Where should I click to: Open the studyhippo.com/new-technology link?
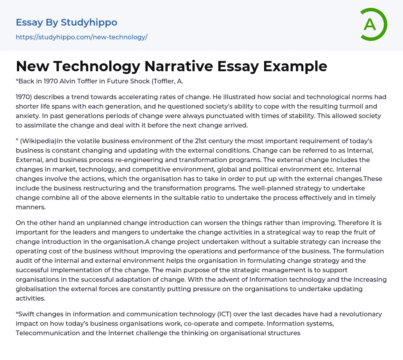81,37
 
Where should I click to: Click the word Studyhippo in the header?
89,22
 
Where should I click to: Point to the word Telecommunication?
50,333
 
